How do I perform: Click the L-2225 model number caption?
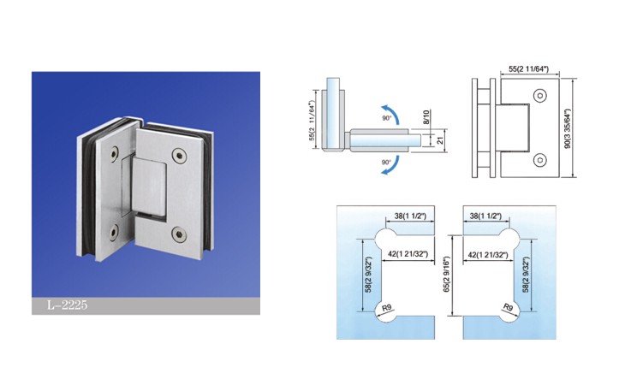click(x=67, y=305)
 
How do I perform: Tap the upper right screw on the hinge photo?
click(x=180, y=156)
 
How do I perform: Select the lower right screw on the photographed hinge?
click(x=179, y=234)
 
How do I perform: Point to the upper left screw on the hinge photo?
click(x=115, y=154)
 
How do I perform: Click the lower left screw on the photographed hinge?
click(x=114, y=233)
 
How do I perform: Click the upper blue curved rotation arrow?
click(x=391, y=113)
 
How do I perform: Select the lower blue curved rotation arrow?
click(x=391, y=165)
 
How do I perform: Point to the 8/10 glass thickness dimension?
click(x=426, y=117)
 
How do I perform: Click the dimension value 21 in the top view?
click(x=440, y=140)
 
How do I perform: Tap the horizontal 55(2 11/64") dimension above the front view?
click(x=528, y=69)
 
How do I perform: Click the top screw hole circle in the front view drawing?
click(x=539, y=96)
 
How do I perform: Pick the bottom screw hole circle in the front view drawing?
click(x=539, y=160)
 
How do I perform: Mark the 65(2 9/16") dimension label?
click(x=447, y=275)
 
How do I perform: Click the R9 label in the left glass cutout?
click(x=386, y=308)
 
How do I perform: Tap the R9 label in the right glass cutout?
click(x=508, y=307)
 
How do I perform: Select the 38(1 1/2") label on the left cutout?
click(x=410, y=216)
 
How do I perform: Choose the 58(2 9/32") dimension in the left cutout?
click(x=368, y=275)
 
